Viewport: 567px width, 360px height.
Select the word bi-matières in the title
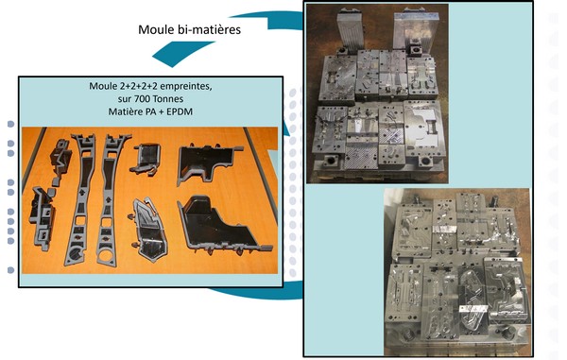tap(209, 29)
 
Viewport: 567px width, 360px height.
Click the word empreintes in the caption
tap(186, 87)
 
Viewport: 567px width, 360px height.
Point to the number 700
tap(142, 98)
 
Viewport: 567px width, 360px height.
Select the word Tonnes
tap(168, 98)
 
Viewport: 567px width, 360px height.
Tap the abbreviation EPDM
tap(179, 111)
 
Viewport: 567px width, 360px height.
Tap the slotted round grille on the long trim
tap(76, 254)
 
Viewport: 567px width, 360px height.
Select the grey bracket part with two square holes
tap(43, 218)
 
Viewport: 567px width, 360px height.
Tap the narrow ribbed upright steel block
tap(350, 30)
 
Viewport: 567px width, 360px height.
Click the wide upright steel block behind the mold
tap(416, 32)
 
